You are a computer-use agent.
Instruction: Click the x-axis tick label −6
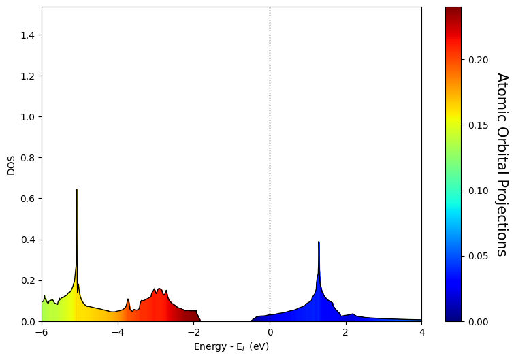[x=42, y=332]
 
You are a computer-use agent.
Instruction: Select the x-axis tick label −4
[x=118, y=332]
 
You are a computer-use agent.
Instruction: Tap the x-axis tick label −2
[x=194, y=332]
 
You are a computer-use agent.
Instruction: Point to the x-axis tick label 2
[x=346, y=332]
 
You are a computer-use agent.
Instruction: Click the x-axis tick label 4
[x=421, y=332]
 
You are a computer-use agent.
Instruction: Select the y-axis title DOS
[x=11, y=165]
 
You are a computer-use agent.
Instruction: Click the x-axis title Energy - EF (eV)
[x=231, y=346]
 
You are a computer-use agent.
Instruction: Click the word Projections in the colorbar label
[x=502, y=218]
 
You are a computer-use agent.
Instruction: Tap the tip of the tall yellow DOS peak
[x=77, y=189]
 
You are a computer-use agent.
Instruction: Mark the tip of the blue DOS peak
[x=319, y=242]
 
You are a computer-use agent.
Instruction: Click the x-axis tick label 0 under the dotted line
[x=270, y=332]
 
